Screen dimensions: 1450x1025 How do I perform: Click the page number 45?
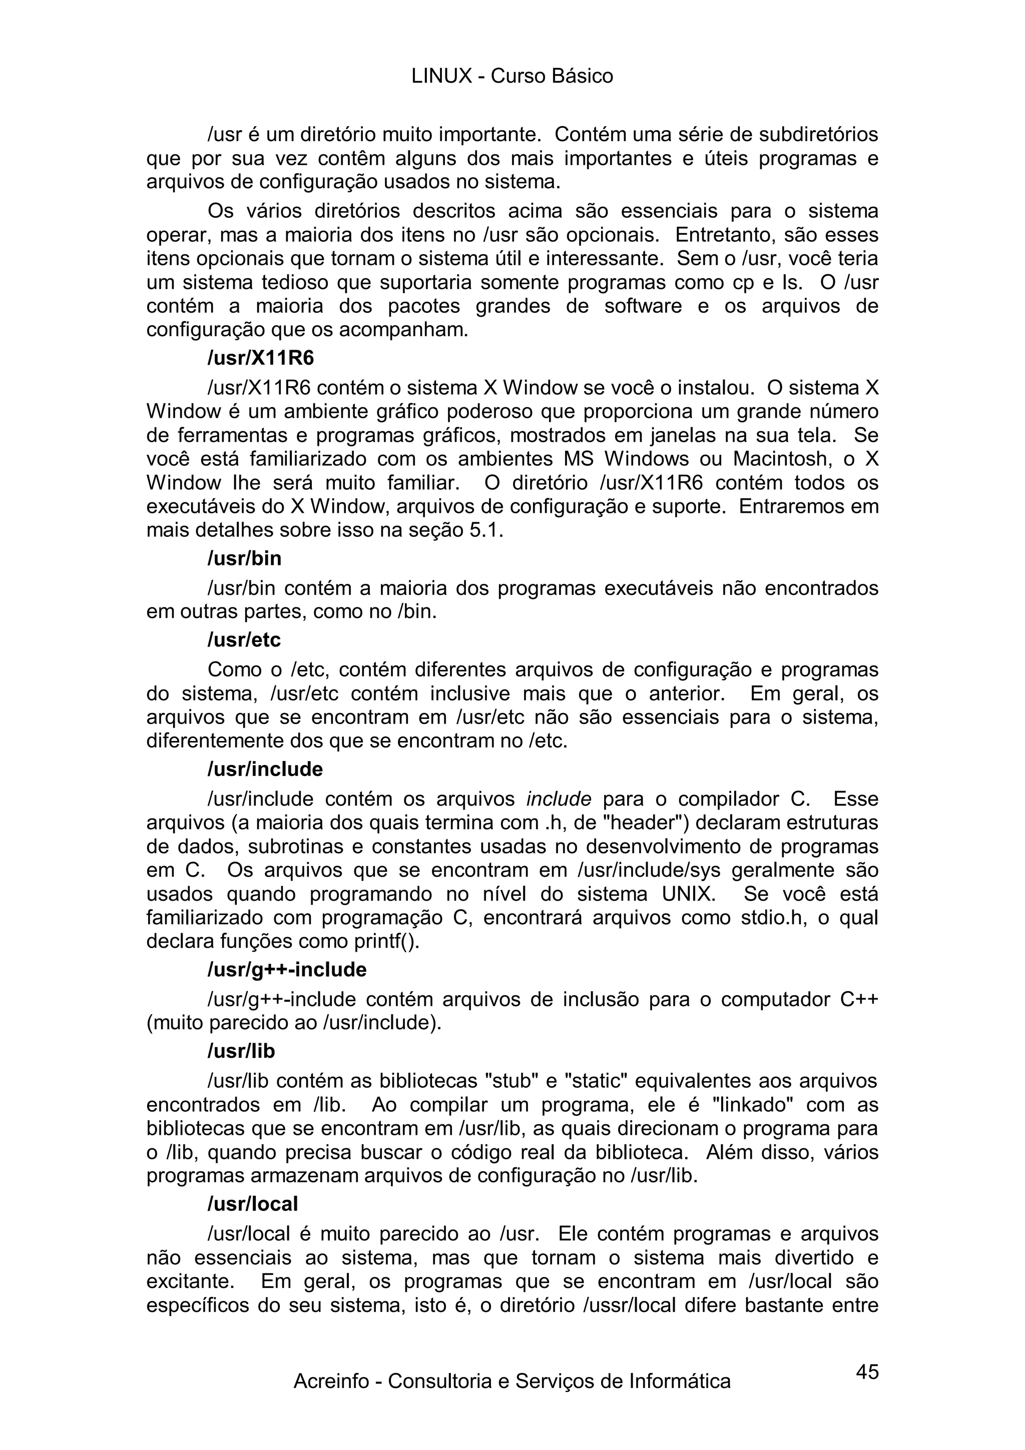coord(867,1371)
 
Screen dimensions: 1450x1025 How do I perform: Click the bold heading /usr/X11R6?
coord(261,358)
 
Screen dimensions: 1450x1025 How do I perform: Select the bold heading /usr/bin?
coord(244,559)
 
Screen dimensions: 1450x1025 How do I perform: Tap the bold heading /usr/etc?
coord(244,640)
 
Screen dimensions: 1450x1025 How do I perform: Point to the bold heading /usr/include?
coord(265,769)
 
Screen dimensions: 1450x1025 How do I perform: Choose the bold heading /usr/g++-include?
coord(287,969)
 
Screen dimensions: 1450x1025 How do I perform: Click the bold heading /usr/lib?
coord(241,1051)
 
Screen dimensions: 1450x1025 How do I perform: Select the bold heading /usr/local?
coord(253,1204)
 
